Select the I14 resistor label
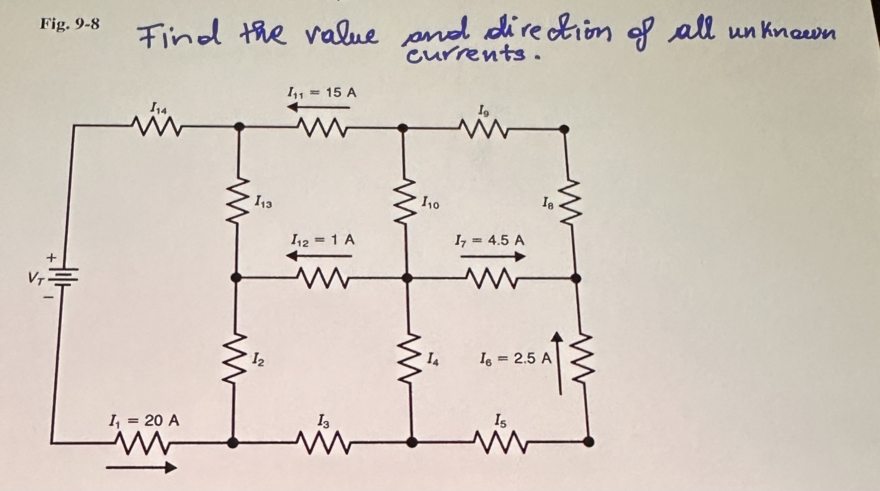pyautogui.click(x=159, y=110)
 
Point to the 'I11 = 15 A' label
pyautogui.click(x=322, y=92)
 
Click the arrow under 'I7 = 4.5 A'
pyautogui.click(x=493, y=257)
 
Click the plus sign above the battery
pyautogui.click(x=51, y=258)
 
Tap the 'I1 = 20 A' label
pyautogui.click(x=144, y=421)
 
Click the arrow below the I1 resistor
pyautogui.click(x=141, y=467)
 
